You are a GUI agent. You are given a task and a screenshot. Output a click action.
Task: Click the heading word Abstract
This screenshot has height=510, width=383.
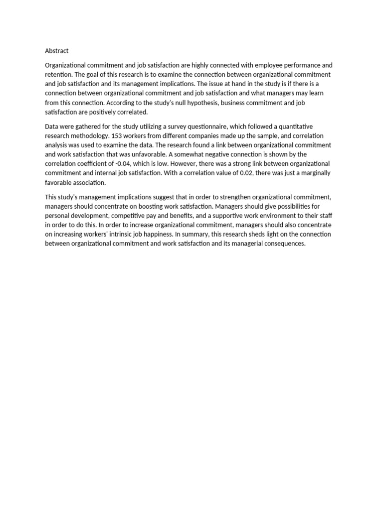point(57,51)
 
